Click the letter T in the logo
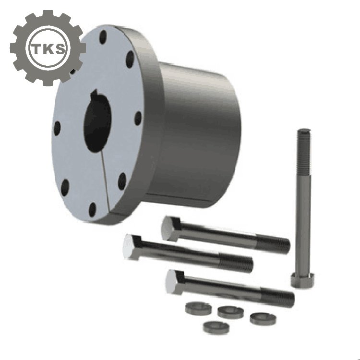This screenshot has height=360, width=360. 36,48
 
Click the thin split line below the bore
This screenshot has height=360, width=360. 105,180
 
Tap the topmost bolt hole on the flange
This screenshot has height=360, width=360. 103,37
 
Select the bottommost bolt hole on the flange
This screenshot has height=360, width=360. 92,209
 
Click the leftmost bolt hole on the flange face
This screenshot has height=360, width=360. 57,128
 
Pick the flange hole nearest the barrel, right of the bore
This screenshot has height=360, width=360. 138,119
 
